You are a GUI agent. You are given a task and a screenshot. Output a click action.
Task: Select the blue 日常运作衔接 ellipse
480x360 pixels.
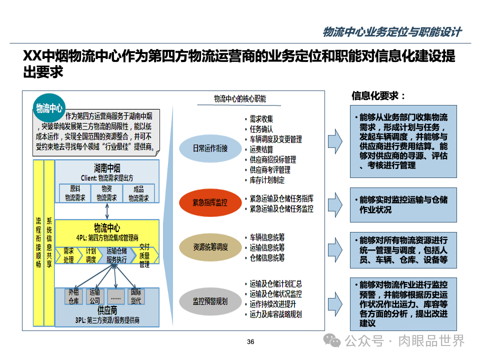[x=210, y=148]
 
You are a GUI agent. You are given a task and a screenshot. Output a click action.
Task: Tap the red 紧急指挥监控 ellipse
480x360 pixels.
[x=210, y=202]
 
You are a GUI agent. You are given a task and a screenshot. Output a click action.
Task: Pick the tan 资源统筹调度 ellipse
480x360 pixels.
[x=210, y=247]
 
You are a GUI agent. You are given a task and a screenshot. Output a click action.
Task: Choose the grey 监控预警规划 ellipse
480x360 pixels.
[x=210, y=301]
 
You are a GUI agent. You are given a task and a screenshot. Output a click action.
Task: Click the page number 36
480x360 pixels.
[x=251, y=342]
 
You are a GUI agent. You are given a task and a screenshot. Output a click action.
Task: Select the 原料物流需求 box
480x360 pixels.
[x=75, y=193]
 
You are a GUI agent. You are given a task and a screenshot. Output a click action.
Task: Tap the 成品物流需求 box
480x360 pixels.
[x=138, y=193]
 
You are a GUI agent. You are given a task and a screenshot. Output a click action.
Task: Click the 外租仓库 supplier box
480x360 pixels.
[x=74, y=296]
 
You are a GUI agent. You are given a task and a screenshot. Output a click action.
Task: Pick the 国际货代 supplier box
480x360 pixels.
[x=136, y=296]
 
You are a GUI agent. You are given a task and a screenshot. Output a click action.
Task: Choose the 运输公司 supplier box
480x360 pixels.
[x=95, y=296]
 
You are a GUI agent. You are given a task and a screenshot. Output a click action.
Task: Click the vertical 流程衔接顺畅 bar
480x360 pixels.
[x=38, y=242]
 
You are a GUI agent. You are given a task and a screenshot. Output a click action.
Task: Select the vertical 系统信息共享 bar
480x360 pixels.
[x=49, y=242]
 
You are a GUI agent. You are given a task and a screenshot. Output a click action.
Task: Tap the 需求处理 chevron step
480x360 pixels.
[x=68, y=255]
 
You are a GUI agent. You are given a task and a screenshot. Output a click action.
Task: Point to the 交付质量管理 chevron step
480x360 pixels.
[x=144, y=255]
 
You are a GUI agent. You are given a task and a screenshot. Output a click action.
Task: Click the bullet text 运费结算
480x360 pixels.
[x=261, y=149]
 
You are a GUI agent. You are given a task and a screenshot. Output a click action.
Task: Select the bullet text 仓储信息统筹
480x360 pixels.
[x=267, y=257]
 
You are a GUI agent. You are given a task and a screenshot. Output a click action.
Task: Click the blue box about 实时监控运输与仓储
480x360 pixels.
[x=403, y=204]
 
